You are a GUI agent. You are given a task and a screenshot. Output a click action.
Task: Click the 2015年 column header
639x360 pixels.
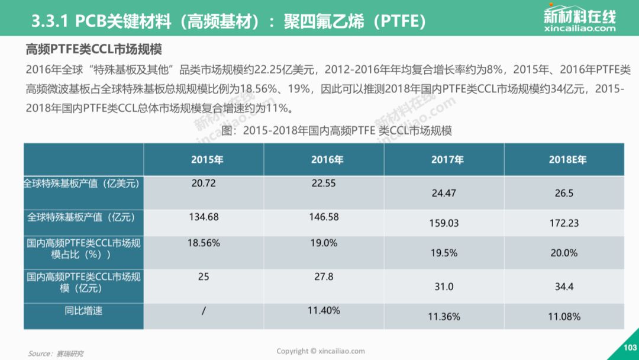tap(207, 159)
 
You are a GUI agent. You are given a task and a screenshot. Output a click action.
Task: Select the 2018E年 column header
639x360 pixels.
tap(567, 159)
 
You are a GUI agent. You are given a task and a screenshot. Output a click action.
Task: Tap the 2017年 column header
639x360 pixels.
tap(447, 159)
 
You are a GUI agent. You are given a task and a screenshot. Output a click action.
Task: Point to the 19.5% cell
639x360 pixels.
tap(444, 253)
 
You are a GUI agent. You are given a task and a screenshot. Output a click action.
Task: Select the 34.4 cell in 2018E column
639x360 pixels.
tap(564, 287)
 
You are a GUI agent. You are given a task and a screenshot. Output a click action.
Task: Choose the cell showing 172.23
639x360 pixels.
tap(564, 223)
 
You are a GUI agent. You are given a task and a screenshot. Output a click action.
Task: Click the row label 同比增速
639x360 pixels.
tap(83, 311)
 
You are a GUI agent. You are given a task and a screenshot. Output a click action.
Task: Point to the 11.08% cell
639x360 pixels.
tap(564, 317)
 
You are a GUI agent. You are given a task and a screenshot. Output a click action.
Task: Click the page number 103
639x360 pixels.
tap(630, 348)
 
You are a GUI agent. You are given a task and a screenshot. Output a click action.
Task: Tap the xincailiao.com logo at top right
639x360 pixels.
tap(579, 18)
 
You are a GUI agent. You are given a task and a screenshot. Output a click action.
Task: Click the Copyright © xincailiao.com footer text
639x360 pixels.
tap(321, 351)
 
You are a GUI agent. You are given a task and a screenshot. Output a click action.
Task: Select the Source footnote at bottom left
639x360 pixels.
tap(56, 353)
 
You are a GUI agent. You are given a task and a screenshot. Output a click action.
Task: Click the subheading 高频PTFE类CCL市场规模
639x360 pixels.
tap(93, 49)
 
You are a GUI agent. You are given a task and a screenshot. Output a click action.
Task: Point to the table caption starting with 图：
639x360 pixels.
tap(337, 131)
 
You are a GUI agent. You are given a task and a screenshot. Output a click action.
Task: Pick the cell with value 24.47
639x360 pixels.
tap(444, 193)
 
